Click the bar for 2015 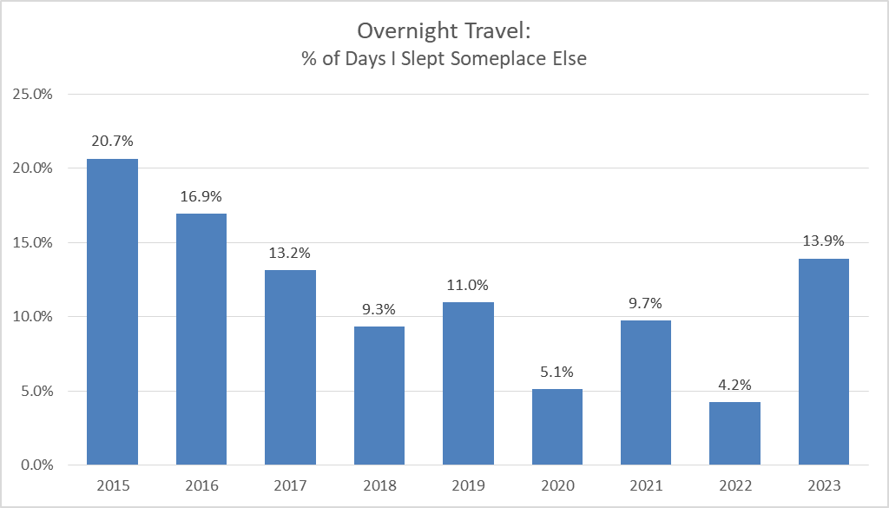[112, 312]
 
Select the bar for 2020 [556, 426]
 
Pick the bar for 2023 [823, 361]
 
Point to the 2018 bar [379, 395]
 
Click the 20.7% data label [112, 141]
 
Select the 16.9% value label [201, 195]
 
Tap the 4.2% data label [734, 384]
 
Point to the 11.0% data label [468, 284]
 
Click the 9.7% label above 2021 [646, 303]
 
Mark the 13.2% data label [290, 253]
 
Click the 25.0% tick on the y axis [34, 94]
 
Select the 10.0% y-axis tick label [34, 316]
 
